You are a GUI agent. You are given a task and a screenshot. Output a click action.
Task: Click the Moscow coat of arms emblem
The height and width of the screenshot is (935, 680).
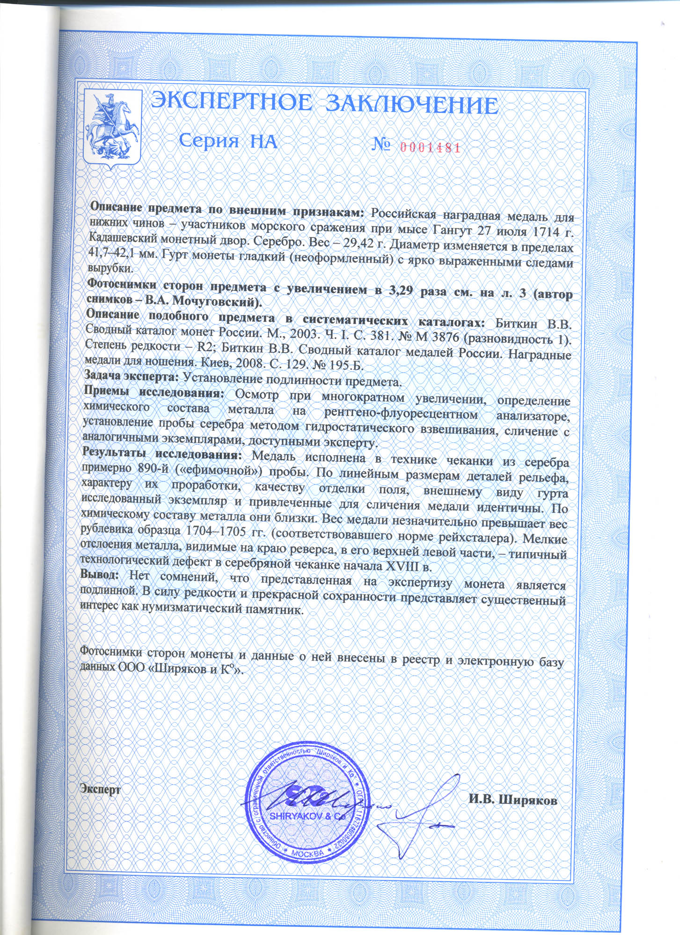pos(112,126)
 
